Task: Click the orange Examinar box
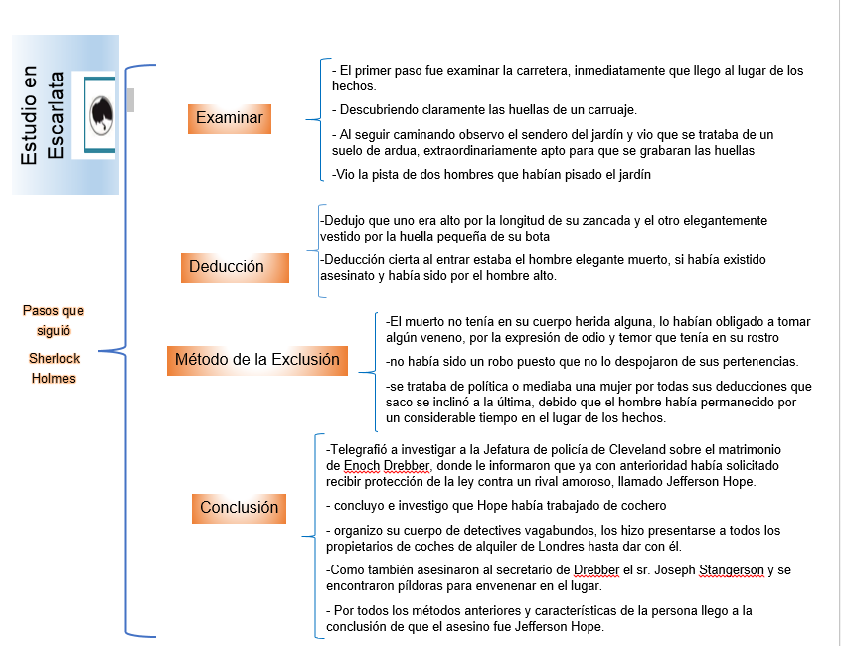[x=230, y=118]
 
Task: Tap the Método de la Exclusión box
[x=256, y=360]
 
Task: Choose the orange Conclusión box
[x=239, y=508]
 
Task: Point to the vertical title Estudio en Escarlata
[x=44, y=116]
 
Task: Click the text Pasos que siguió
[x=53, y=320]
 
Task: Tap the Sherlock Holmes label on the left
[x=53, y=367]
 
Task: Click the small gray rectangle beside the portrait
[x=129, y=98]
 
